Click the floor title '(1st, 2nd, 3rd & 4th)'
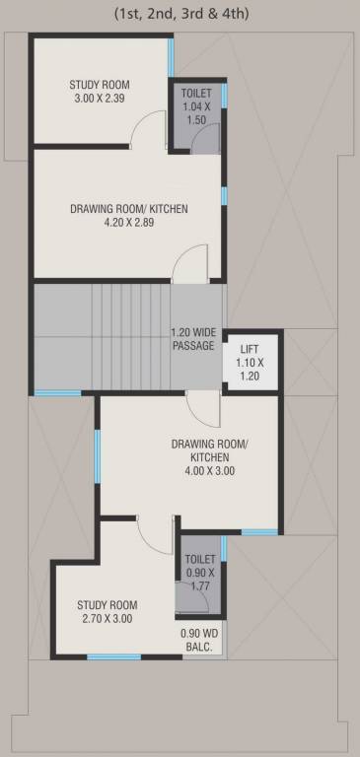tap(180, 13)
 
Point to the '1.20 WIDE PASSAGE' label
tap(193, 338)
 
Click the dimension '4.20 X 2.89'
tap(127, 223)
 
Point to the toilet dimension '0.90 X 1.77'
tap(200, 580)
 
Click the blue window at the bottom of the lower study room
tap(113, 656)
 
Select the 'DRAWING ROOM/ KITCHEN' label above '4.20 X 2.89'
tap(128, 209)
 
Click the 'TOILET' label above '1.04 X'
tap(197, 92)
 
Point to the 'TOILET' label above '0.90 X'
tap(200, 559)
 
